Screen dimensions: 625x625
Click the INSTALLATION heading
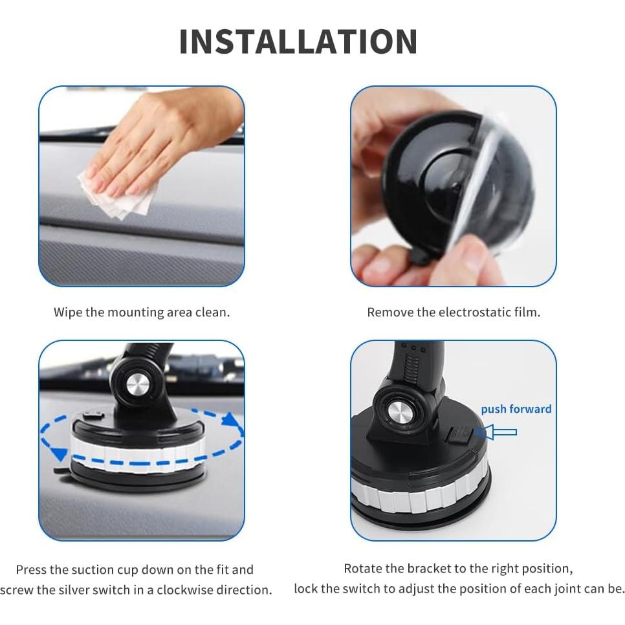[298, 42]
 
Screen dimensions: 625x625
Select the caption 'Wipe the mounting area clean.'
[141, 312]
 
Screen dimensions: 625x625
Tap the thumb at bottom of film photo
[466, 262]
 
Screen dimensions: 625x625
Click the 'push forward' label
[516, 409]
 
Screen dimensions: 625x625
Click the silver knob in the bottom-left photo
[138, 385]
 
